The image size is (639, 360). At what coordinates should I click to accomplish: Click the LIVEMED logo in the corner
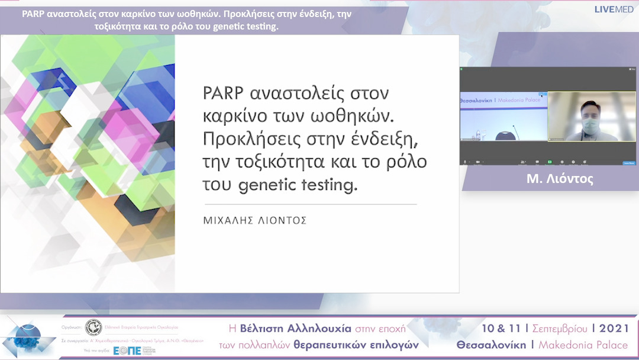(614, 9)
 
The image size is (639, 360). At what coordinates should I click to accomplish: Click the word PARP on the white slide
(222, 94)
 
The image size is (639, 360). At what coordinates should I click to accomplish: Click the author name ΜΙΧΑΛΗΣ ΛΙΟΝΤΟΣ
(255, 220)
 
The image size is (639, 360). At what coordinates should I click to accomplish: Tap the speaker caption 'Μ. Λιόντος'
(551, 179)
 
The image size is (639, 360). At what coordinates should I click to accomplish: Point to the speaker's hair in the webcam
(590, 107)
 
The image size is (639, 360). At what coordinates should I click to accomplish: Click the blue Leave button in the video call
(628, 162)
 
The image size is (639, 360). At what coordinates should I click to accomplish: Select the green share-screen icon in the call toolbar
(550, 162)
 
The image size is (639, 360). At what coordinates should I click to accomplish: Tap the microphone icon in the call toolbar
(465, 162)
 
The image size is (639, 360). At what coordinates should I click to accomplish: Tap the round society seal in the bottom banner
(93, 327)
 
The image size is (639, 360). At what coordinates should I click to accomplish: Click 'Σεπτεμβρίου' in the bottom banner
(560, 329)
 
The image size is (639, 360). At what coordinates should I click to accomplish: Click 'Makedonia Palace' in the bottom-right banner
(582, 345)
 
